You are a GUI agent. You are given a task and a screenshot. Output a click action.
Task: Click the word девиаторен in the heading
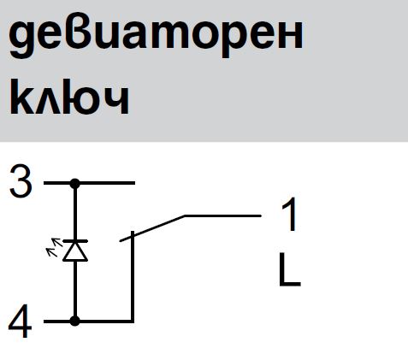point(156,37)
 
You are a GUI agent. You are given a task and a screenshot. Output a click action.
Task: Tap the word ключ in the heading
point(69,97)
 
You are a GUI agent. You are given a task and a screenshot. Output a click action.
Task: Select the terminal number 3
point(21,180)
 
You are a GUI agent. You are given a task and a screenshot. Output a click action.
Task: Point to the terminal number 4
point(20,321)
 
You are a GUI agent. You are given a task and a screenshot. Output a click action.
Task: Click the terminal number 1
point(290,215)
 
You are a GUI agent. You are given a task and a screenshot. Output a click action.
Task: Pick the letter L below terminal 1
point(289,269)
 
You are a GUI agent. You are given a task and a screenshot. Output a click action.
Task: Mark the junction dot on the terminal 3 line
point(75,183)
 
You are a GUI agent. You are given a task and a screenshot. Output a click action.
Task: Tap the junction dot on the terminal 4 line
point(75,321)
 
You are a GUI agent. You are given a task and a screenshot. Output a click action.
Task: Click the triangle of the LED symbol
point(75,251)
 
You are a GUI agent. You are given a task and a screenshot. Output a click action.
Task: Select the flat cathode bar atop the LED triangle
point(75,241)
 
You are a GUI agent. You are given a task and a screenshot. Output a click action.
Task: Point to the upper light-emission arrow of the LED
point(57,242)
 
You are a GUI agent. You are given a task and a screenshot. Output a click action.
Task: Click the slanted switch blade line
point(152,228)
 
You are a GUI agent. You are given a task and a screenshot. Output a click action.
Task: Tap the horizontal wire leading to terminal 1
point(223,216)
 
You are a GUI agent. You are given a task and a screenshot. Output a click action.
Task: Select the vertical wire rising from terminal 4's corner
point(133,276)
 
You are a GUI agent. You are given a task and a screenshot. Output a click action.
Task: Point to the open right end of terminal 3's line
point(134,183)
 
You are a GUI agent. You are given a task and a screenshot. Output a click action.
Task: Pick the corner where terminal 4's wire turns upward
point(133,321)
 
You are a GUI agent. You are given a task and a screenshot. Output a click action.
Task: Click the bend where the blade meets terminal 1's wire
point(185,216)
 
